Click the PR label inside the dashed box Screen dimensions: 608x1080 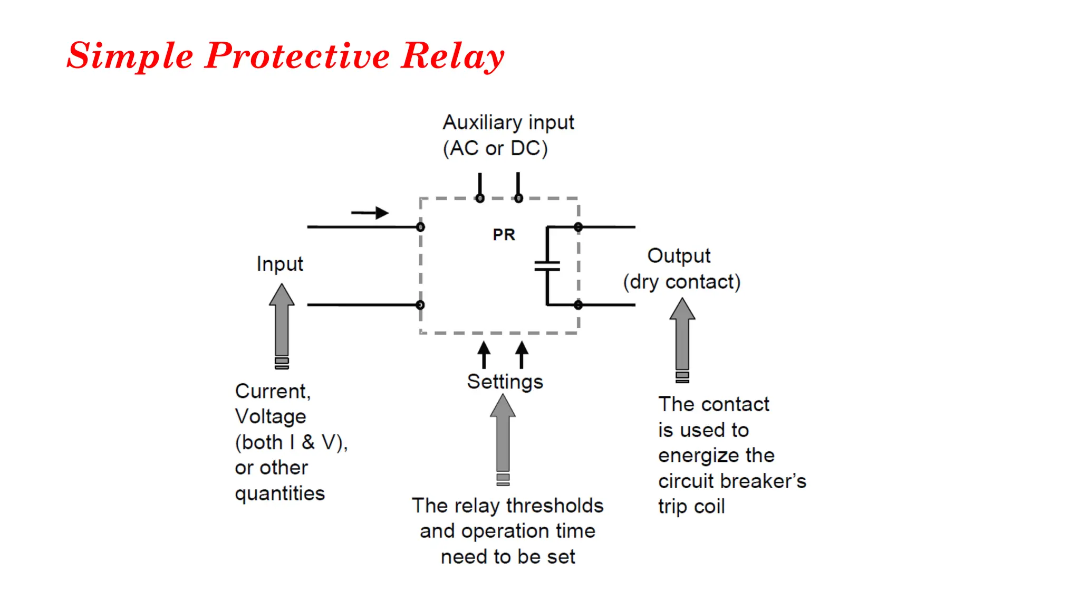pos(504,234)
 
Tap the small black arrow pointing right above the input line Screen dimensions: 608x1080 pos(370,213)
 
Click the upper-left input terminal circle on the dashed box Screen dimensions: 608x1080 pos(420,227)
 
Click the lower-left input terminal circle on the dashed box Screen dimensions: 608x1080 pos(420,305)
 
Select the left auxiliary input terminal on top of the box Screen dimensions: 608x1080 pos(480,198)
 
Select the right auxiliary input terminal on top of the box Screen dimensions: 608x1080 pos(518,198)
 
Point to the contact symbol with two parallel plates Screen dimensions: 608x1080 pos(547,265)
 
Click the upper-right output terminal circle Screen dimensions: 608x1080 pos(578,227)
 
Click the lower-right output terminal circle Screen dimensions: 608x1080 pos(578,305)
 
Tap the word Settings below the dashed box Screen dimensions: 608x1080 pos(505,382)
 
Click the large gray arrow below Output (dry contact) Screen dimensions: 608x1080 pos(682,338)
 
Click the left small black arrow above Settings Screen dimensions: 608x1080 pos(484,354)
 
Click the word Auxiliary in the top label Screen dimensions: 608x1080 pos(483,122)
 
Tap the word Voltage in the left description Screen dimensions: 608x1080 pos(271,416)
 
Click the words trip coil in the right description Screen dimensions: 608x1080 pos(691,507)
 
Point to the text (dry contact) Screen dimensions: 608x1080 pos(681,282)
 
